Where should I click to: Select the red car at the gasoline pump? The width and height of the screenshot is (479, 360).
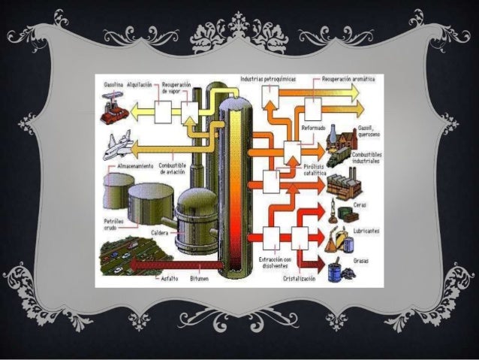[112, 112]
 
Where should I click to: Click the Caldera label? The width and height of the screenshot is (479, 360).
[160, 233]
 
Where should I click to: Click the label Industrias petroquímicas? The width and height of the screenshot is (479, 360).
[267, 77]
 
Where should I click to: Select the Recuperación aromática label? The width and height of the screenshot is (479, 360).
[351, 77]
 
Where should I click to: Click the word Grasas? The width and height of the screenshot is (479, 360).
[360, 262]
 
